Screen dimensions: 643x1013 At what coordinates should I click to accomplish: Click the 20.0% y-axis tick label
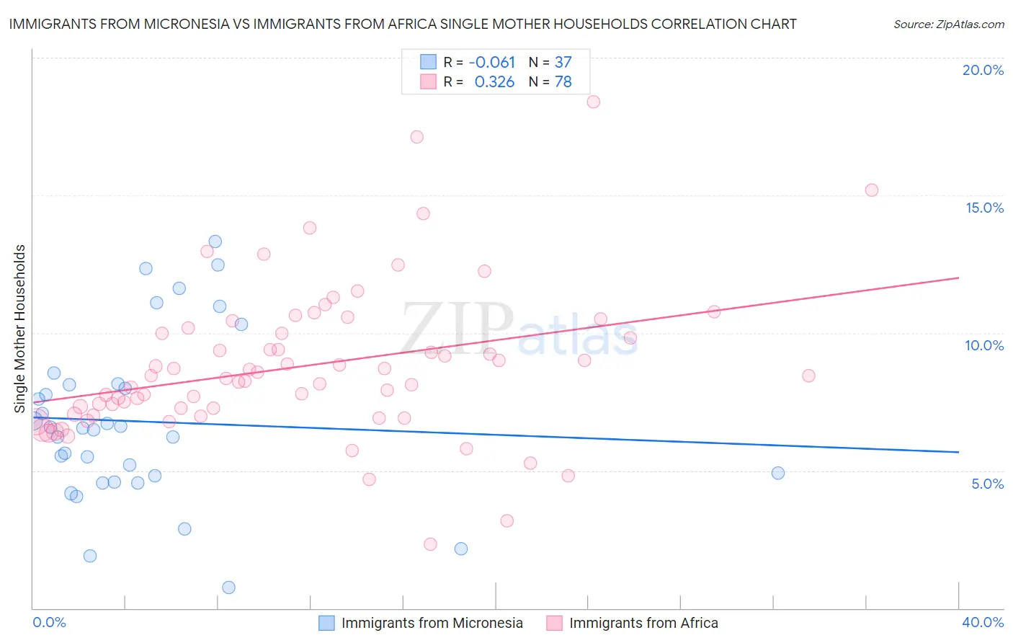point(983,70)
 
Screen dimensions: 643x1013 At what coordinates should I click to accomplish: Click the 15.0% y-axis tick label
point(984,208)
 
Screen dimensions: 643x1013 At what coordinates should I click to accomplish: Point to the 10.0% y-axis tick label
point(984,345)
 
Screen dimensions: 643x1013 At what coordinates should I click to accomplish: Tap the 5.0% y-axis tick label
point(987,484)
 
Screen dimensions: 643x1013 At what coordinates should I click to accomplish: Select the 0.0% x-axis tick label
point(49,622)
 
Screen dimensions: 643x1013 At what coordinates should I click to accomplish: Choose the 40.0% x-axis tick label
point(983,622)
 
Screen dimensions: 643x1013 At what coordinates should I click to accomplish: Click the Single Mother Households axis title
point(20,329)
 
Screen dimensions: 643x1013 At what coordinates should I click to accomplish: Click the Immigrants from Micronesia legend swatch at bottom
point(326,623)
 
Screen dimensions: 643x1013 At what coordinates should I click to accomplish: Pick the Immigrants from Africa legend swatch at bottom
point(554,623)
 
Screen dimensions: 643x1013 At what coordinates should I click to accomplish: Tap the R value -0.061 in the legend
point(491,63)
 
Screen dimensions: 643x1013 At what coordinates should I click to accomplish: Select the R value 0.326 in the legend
point(494,82)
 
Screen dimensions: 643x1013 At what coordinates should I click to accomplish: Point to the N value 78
point(563,82)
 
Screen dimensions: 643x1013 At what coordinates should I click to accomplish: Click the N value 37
point(563,63)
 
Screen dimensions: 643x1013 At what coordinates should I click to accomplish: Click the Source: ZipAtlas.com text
point(948,25)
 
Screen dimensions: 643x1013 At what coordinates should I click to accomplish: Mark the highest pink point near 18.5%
point(593,102)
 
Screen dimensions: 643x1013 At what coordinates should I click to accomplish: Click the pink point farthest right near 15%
point(871,190)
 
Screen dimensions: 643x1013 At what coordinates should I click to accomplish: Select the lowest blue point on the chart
point(228,587)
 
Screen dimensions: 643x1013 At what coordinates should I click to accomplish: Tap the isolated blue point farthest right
point(777,474)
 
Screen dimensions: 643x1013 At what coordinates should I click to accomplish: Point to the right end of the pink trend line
point(958,278)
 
